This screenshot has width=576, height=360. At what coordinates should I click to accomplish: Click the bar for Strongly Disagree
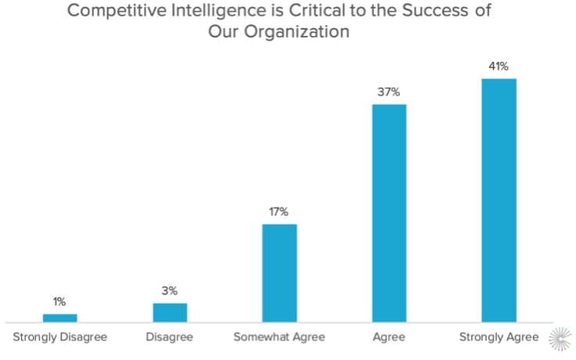59,317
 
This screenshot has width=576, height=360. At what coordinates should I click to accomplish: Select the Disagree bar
170,312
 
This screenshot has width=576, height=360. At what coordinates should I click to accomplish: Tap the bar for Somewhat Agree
279,272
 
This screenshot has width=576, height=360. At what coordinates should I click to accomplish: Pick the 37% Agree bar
389,212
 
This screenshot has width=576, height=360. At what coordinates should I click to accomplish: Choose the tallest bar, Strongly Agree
499,200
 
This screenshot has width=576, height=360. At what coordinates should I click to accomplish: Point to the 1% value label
59,301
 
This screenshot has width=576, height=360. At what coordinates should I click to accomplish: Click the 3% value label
170,291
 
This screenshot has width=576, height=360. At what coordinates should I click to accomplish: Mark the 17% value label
279,211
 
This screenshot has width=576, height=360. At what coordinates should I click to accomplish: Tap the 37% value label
389,92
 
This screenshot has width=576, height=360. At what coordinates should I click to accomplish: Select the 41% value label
499,66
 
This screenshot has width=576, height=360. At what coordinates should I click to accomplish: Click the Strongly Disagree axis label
60,337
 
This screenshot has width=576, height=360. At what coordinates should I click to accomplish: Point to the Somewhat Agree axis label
279,337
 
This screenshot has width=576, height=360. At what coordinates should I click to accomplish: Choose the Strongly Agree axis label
499,337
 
